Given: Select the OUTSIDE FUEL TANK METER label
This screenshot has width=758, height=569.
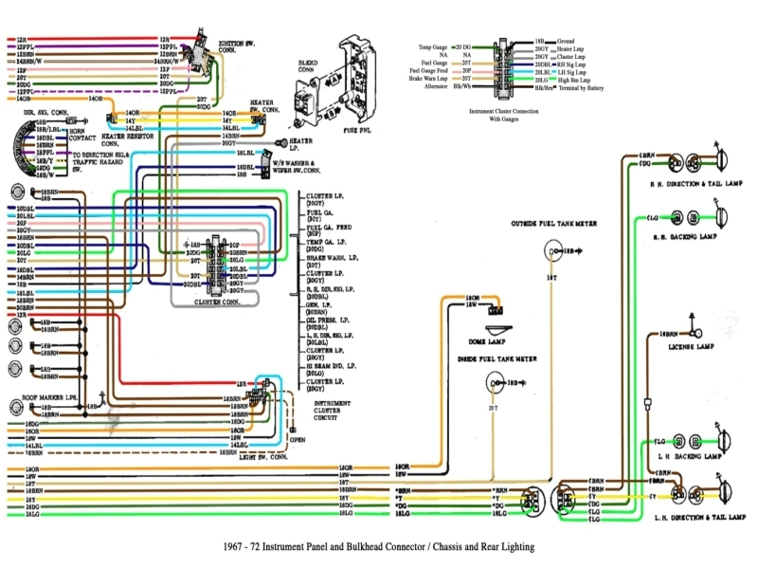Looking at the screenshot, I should [553, 224].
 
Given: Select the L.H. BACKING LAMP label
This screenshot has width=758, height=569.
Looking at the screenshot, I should [687, 456].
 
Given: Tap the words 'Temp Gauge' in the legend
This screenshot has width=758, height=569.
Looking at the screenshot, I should [433, 46].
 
